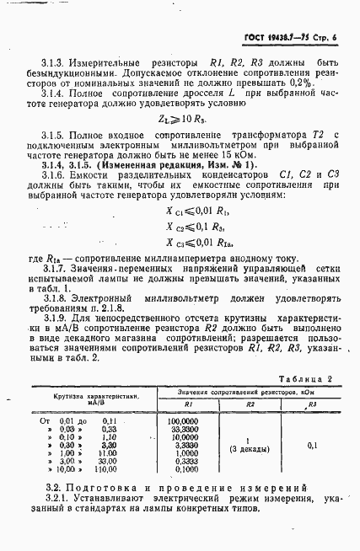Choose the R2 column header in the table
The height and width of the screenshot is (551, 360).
(x=250, y=382)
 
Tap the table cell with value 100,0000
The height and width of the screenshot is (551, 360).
(x=182, y=395)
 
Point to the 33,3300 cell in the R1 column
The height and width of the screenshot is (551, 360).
(x=182, y=404)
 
